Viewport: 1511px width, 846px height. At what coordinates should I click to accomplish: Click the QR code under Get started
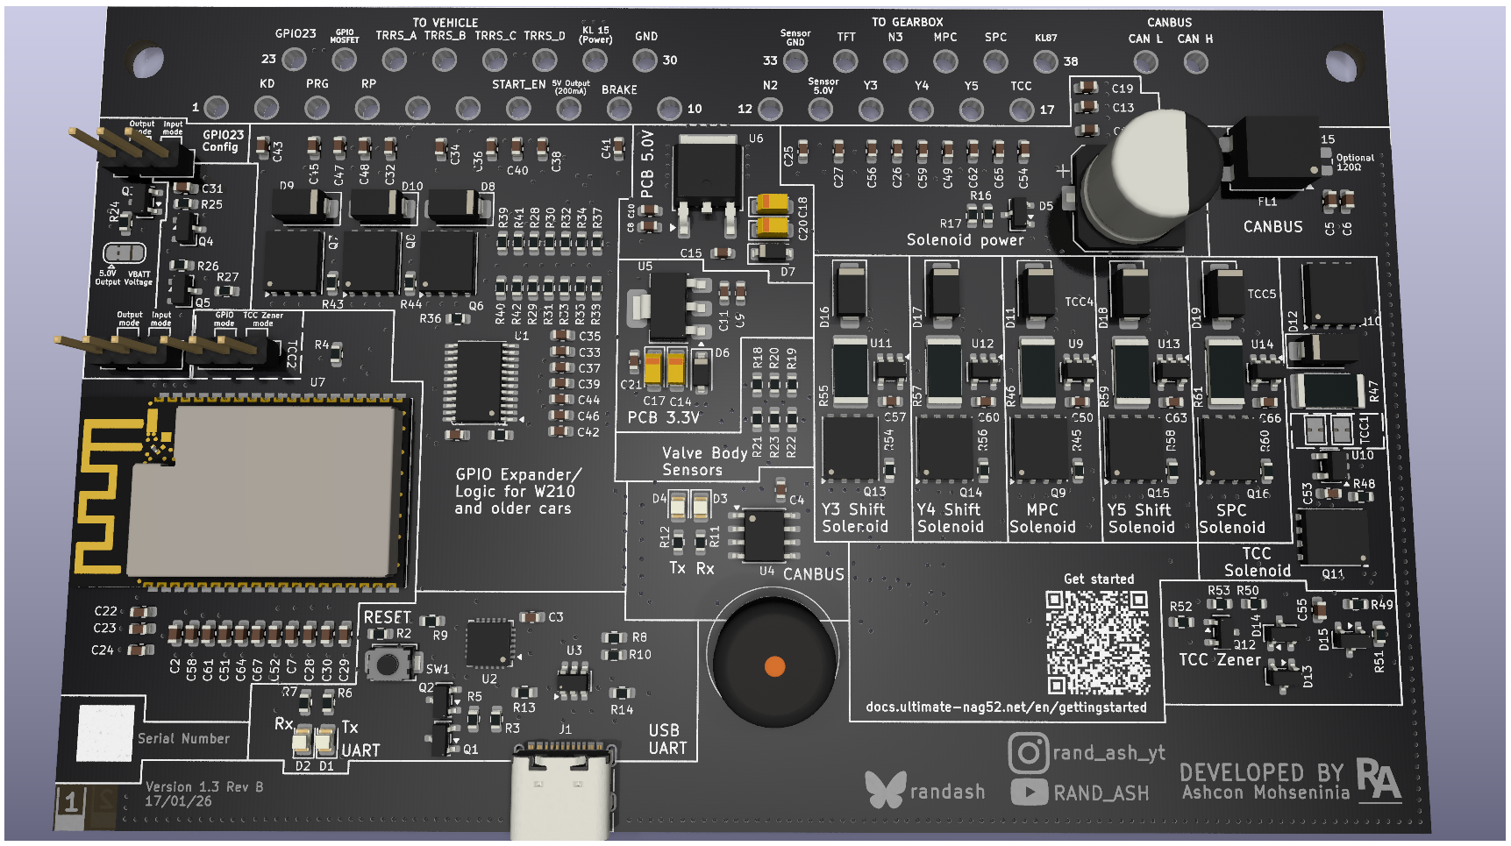click(1097, 642)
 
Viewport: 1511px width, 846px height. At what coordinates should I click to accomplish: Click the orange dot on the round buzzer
click(774, 666)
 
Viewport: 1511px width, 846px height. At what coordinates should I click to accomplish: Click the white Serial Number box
click(106, 733)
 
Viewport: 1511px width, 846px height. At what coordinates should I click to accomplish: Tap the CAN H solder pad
click(1195, 62)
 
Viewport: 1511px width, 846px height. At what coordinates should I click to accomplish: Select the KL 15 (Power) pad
click(595, 60)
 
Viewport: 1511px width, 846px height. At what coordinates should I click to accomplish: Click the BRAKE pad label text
click(619, 89)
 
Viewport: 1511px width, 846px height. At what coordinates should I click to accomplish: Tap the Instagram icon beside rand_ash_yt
click(1028, 752)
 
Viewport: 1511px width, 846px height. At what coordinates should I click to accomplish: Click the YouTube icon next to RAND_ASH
click(1029, 793)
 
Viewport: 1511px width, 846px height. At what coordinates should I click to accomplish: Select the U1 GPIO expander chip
click(479, 382)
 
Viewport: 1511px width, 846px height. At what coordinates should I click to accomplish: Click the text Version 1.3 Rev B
click(204, 786)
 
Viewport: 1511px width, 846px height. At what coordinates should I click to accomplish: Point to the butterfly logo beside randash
click(884, 790)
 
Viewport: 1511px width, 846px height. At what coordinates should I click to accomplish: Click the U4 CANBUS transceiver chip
click(765, 535)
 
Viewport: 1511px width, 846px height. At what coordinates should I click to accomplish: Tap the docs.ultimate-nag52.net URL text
click(1006, 707)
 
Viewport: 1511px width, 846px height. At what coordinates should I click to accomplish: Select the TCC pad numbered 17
click(1021, 110)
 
